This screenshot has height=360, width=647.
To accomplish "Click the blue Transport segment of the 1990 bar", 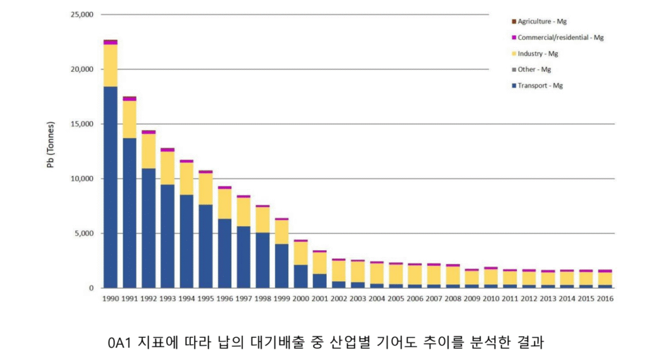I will (111, 187).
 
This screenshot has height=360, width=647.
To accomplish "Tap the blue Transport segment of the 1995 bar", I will (206, 246).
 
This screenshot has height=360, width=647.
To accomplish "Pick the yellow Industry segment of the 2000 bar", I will (301, 253).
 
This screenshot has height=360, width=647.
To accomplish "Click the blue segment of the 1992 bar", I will (148, 228).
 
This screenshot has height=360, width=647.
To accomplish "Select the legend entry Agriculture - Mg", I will (542, 21).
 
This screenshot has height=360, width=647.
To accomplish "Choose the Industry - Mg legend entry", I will (538, 54).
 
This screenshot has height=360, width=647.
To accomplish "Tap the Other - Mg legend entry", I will (534, 69).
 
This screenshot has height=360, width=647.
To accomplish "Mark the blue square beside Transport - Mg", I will (513, 85).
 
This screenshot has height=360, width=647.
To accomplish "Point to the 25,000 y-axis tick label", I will (80, 15).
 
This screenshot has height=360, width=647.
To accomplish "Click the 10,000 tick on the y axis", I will (80, 179).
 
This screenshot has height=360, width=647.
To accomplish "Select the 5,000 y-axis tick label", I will (82, 234).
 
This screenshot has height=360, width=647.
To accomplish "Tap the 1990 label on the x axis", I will (111, 299).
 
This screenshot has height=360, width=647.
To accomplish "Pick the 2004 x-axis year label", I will (377, 299).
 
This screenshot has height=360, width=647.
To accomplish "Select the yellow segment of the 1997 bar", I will (244, 212).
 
